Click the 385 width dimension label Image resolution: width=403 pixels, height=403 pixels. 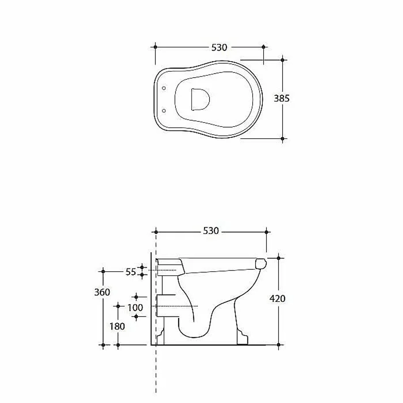[281, 98]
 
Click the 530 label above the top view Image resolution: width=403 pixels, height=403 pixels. [219, 48]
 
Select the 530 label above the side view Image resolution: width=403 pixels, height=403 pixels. [211, 231]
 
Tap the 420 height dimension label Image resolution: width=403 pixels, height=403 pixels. [277, 298]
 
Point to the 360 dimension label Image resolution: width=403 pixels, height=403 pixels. [102, 292]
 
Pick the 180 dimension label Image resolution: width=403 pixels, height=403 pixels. [117, 326]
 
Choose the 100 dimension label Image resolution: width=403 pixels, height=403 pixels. [135, 307]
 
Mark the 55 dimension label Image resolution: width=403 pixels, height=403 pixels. [131, 272]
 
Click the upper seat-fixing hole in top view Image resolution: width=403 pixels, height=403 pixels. [164, 88]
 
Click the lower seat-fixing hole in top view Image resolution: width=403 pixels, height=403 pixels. [164, 110]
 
